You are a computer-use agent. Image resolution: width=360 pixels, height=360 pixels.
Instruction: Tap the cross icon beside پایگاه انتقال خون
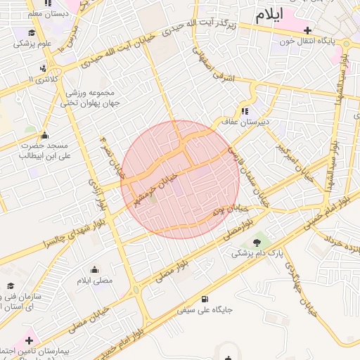308,30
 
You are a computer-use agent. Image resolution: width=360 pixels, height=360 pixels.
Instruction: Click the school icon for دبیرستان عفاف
244,110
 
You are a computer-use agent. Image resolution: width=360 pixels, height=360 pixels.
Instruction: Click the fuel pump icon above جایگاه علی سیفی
205,297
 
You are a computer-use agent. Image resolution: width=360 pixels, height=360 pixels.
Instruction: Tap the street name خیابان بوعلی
231,210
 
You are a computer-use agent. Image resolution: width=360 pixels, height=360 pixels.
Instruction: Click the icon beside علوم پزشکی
31,32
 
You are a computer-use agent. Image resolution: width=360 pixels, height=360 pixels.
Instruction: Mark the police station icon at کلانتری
44,68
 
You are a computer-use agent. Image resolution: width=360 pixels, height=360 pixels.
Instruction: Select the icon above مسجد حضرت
45,135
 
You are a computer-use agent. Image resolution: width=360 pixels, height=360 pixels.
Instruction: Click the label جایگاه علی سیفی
205,309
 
